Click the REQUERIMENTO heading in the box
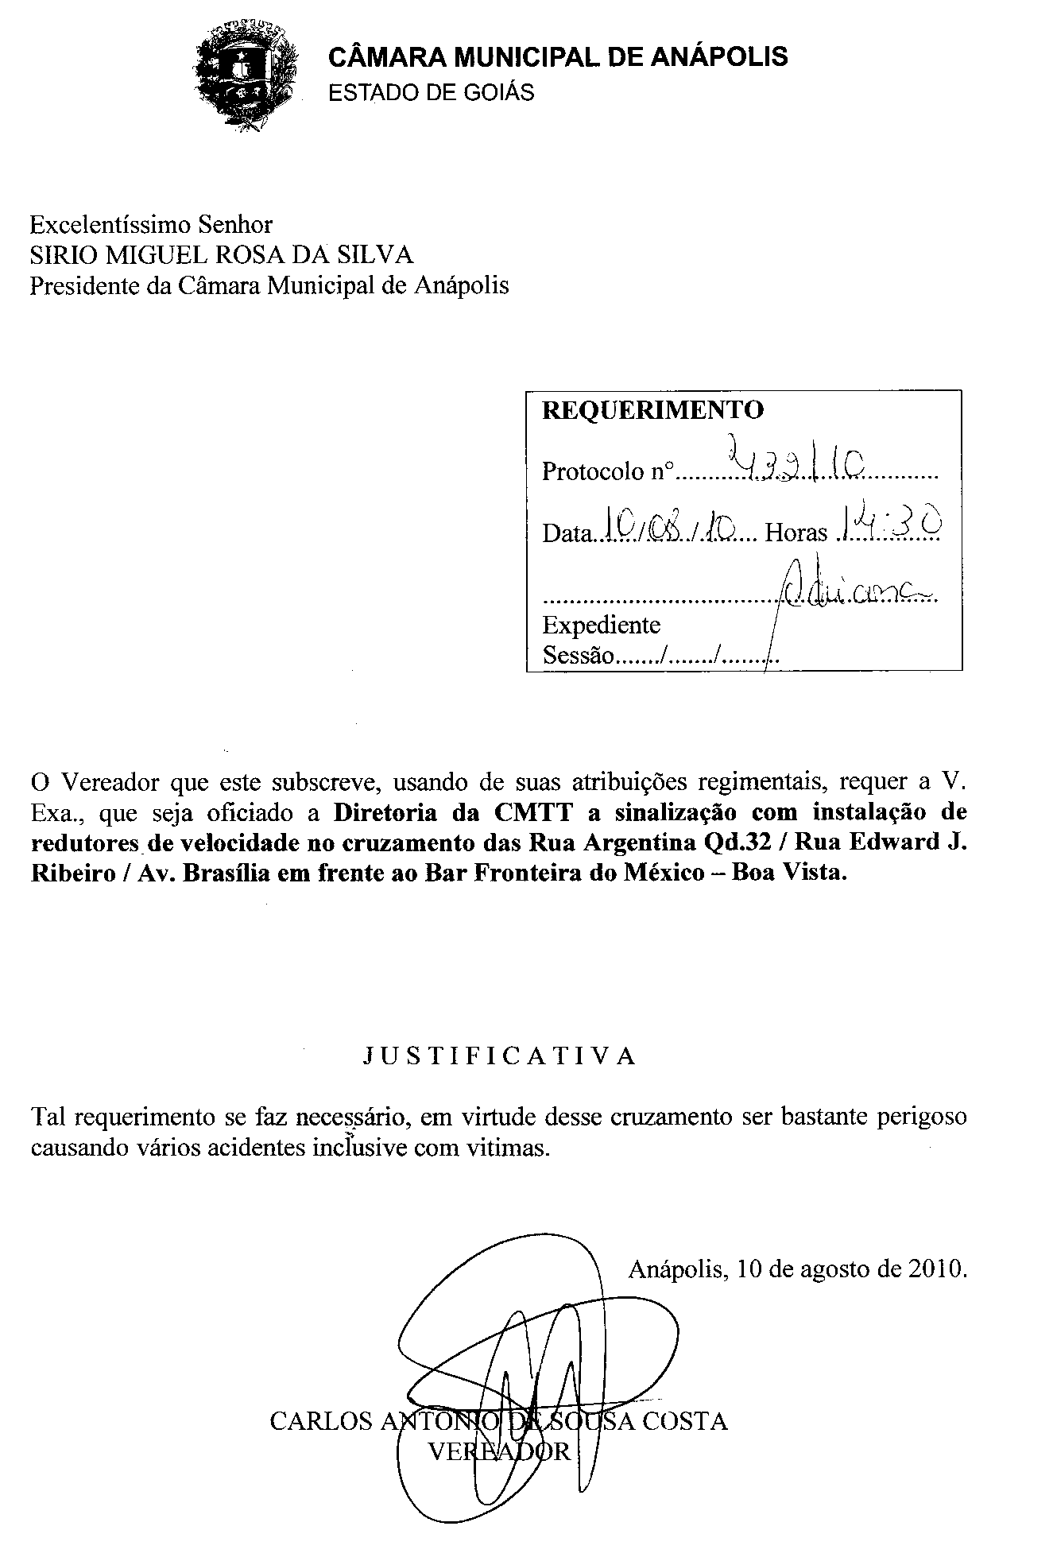(x=652, y=410)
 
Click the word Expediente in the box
(x=601, y=625)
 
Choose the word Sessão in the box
(x=578, y=656)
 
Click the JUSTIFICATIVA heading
(x=500, y=1056)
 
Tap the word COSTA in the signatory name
(x=684, y=1421)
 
